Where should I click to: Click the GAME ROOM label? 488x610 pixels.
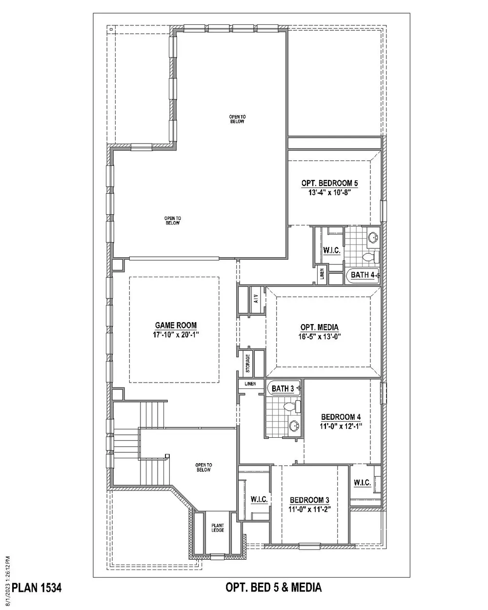point(176,325)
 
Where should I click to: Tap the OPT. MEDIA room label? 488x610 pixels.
point(319,327)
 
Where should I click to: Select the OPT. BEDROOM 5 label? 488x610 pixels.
point(329,183)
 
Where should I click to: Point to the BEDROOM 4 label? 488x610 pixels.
point(341,417)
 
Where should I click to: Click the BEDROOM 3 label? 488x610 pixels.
point(309,500)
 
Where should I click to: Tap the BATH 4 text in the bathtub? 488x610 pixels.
point(363,275)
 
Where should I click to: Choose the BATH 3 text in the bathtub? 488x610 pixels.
point(283,388)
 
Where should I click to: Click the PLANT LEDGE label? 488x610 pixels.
point(218,528)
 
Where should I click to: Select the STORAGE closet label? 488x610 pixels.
point(247,364)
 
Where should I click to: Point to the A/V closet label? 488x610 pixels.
point(256,299)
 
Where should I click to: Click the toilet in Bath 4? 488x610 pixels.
point(370,257)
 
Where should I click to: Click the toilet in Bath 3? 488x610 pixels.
point(292,407)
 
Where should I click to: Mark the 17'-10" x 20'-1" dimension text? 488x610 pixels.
point(176,335)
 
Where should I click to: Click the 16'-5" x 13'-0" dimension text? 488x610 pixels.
point(319,337)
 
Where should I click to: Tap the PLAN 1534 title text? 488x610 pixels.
point(37,588)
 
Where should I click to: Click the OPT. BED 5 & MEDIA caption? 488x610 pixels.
point(273,587)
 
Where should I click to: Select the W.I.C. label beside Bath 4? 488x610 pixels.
point(331,250)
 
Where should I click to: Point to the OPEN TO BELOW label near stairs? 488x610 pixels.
point(203,468)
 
